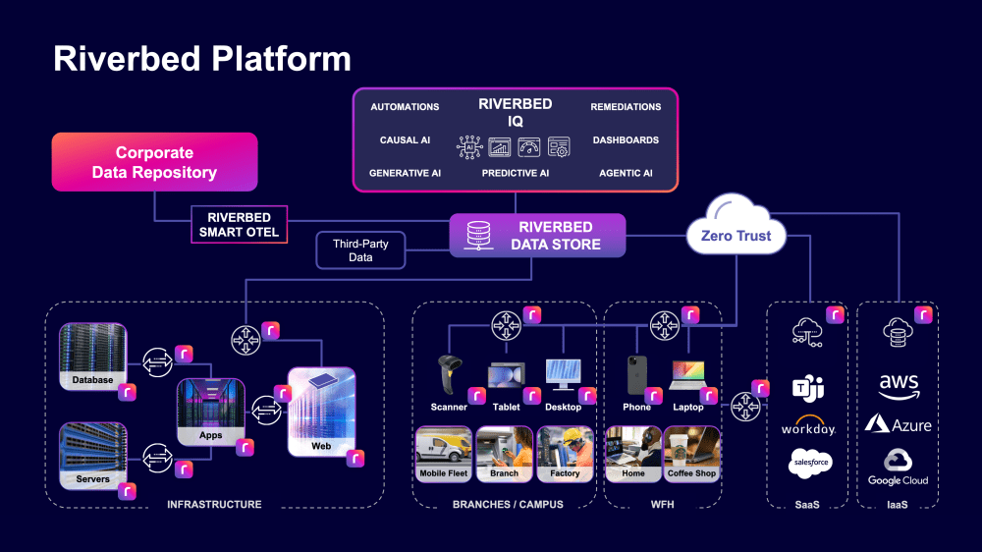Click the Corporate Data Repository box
coord(154,162)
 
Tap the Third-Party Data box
coord(360,249)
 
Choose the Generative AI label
coord(405,173)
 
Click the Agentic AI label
coord(626,173)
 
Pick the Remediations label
coord(626,106)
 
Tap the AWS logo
coord(899,383)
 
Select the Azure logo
coord(899,424)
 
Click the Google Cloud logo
coord(899,467)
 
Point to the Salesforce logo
coord(809,463)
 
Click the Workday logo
coord(808,427)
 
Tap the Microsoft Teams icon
coord(808,388)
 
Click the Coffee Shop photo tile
coord(692,453)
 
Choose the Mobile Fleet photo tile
coord(444,453)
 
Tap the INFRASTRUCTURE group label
coord(214,504)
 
